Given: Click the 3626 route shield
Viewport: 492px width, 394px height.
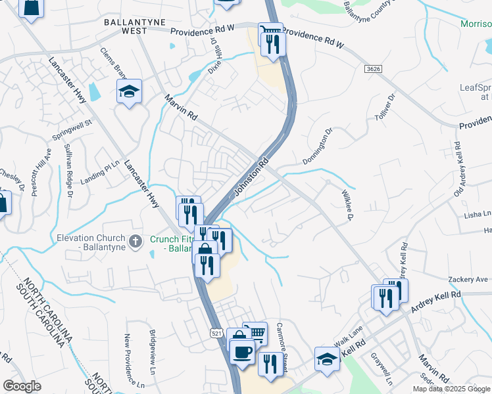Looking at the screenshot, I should (373, 69).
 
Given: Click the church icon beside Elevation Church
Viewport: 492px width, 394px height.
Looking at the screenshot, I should (136, 241).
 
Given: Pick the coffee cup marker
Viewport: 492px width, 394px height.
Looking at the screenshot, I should (241, 351).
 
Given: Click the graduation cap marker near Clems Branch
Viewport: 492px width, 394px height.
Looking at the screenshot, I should (129, 91).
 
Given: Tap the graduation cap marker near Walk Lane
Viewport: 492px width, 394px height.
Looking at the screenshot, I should (326, 359).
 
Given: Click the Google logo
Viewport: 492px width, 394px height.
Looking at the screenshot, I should (22, 386).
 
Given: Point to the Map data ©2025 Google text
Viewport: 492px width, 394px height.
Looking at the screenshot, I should (451, 389).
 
